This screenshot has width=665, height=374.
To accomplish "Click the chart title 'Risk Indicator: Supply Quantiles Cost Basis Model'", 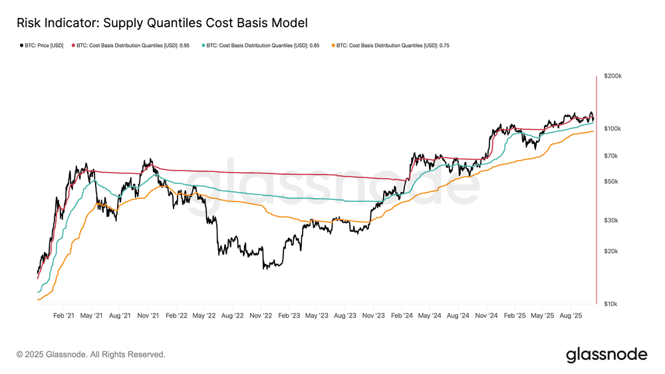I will point(162,23).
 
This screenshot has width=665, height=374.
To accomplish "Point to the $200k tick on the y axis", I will point(612,76).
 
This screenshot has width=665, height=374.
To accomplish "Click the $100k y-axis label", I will point(612,128).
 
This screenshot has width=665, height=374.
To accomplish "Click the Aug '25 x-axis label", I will point(573,316).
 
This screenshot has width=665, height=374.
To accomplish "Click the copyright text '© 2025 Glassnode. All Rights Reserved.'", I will point(90,355).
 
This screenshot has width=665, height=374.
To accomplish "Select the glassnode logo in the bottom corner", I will point(606,355).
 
